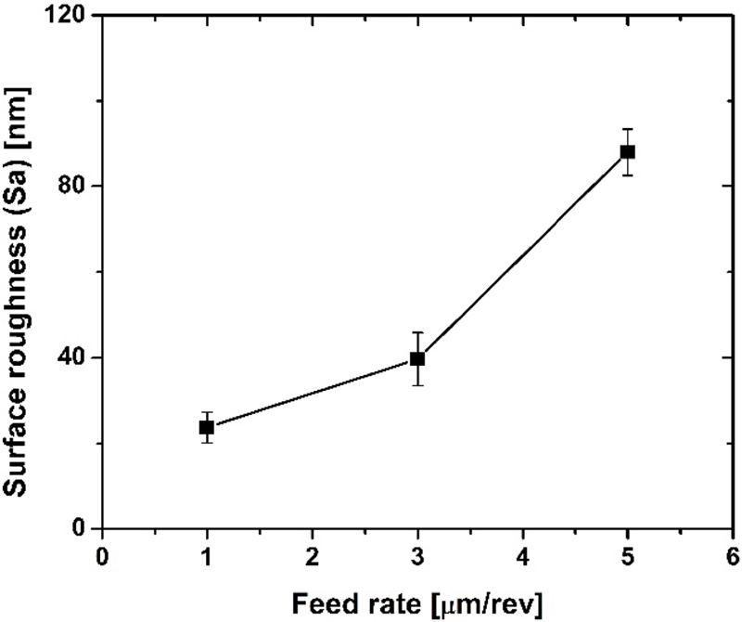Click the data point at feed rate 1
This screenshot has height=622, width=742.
tap(206, 427)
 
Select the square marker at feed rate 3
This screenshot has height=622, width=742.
tap(417, 358)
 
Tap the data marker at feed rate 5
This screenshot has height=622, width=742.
tap(628, 152)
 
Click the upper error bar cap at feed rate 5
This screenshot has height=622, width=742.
tap(628, 129)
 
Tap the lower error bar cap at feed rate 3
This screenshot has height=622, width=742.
tap(417, 385)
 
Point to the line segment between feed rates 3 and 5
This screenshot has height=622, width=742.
tap(523, 255)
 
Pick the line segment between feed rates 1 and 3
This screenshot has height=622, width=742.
tap(312, 393)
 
